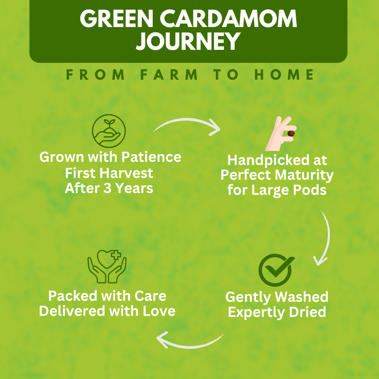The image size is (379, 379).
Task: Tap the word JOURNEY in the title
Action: coord(188,41)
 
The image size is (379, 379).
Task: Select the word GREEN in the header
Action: coord(117,19)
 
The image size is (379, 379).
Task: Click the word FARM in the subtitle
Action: coord(169,74)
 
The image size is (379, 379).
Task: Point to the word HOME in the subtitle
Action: coord(284,74)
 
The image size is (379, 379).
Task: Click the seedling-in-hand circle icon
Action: coord(109,131)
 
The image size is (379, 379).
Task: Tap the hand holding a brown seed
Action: coord(281,134)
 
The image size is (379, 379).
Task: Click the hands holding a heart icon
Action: coord(107,266)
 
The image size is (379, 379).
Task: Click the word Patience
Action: coord(151,157)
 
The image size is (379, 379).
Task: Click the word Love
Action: coord(159,311)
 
